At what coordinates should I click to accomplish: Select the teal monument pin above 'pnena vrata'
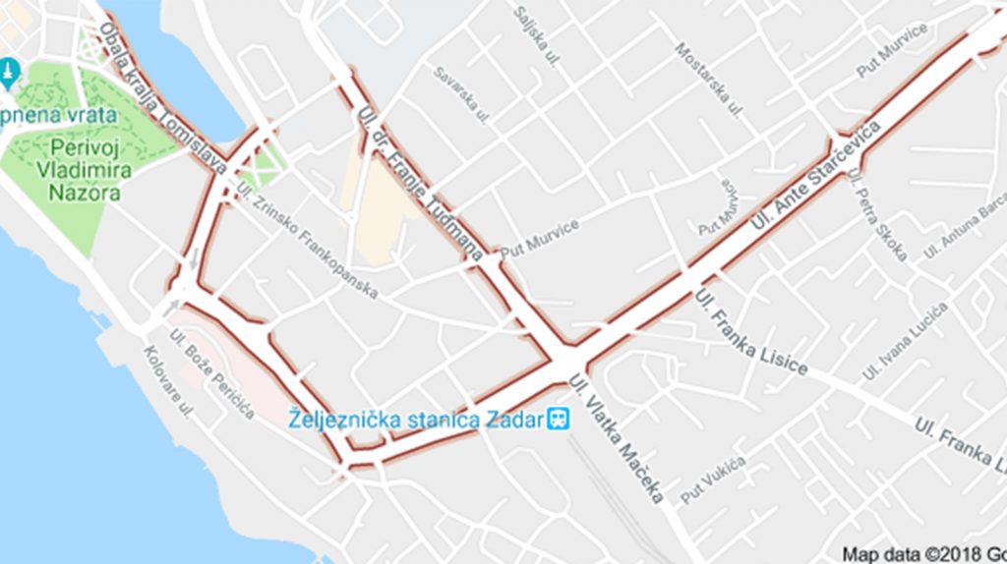tap(10, 72)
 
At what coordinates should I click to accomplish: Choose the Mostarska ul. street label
tap(708, 80)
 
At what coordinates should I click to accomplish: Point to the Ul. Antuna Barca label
tap(965, 225)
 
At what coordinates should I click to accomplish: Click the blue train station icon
tap(560, 420)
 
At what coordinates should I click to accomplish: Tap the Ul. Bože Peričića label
tap(211, 374)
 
